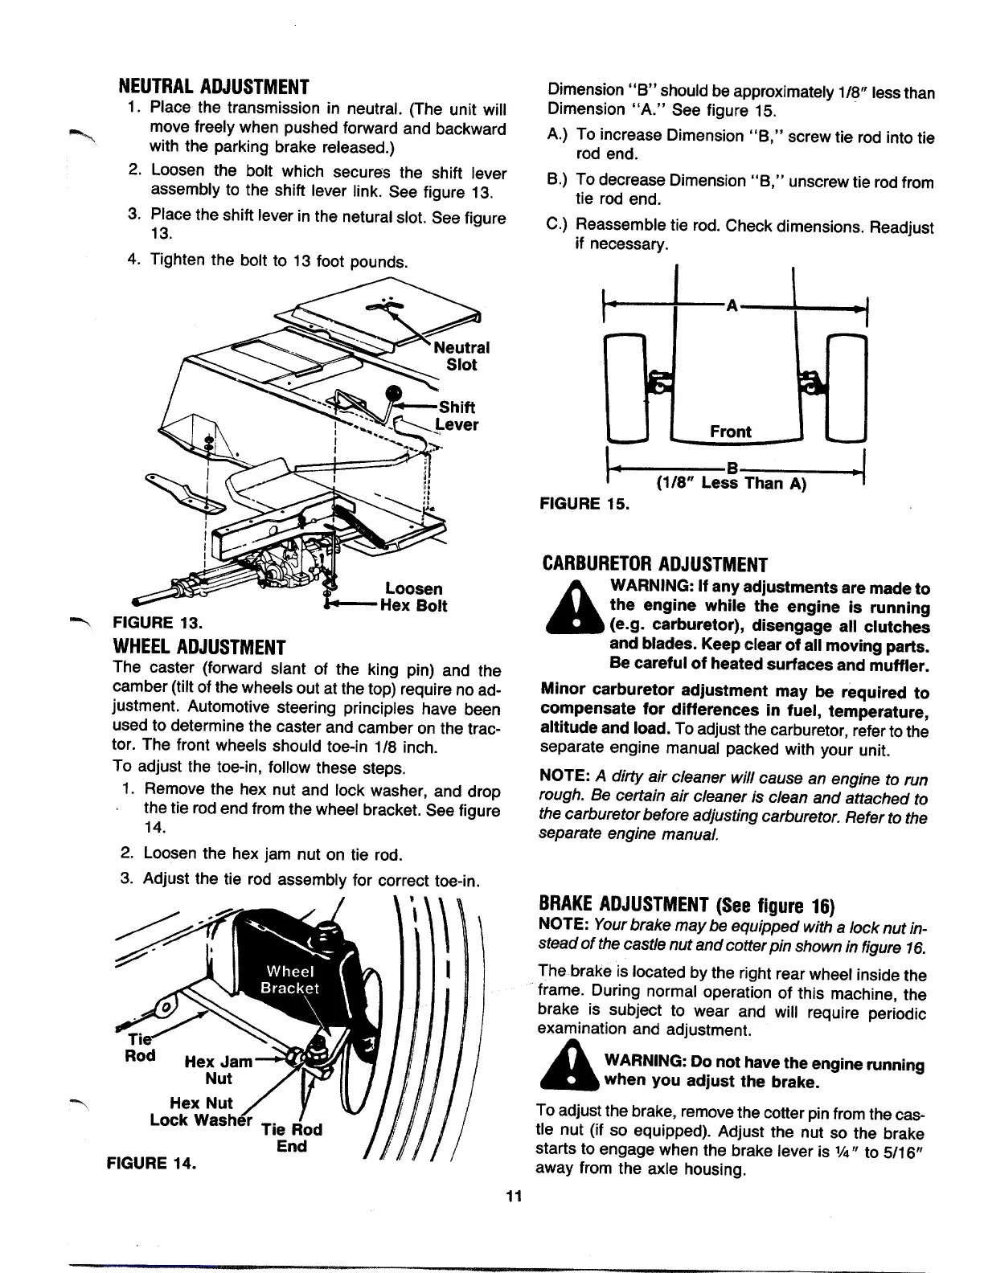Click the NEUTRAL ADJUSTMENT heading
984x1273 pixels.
[x=214, y=86]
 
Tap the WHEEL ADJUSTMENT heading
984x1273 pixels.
[x=200, y=648]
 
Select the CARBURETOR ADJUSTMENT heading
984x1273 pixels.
[x=654, y=564]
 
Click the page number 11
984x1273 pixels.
[x=515, y=1195]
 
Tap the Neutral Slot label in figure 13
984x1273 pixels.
[x=461, y=356]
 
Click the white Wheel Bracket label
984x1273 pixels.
[x=293, y=980]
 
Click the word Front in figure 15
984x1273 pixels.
[x=731, y=432]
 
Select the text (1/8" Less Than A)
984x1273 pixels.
[x=730, y=483]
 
